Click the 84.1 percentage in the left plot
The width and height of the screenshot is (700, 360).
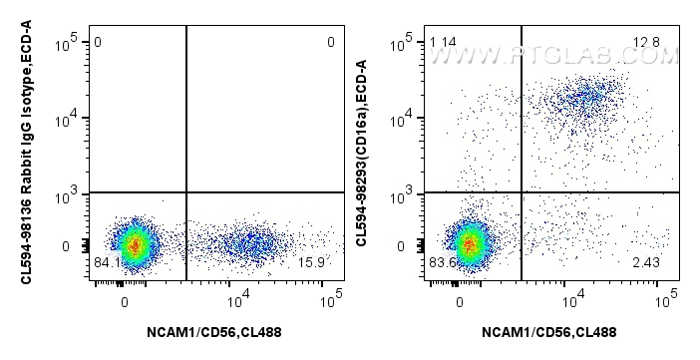102,263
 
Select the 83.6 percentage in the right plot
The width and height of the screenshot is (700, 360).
437,263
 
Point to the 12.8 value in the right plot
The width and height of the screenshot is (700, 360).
646,42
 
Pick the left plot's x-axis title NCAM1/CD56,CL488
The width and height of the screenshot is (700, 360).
210,332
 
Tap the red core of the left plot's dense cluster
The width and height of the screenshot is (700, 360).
135,243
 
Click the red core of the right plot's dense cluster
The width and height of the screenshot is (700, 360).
469,243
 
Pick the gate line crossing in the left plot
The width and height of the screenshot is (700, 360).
186,192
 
